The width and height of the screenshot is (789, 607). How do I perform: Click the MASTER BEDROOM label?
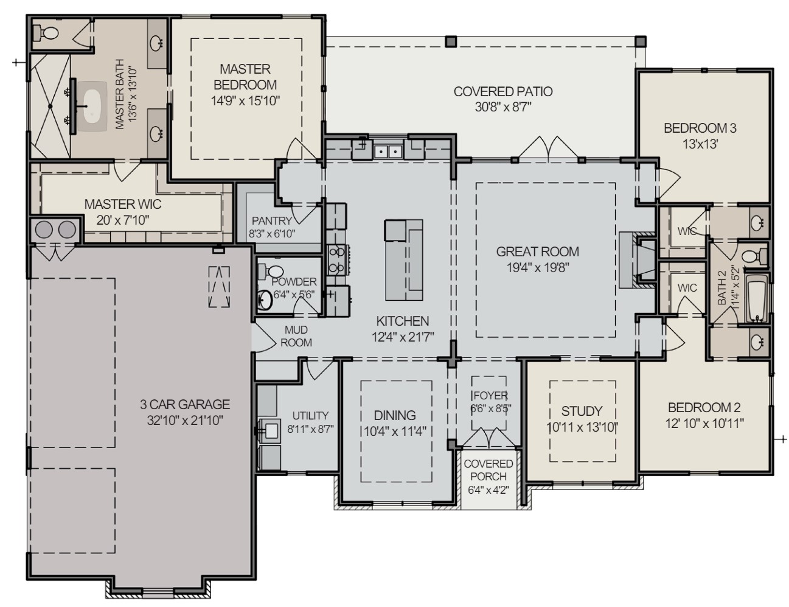pyautogui.click(x=245, y=77)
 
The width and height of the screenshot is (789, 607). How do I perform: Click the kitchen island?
pyautogui.click(x=403, y=260)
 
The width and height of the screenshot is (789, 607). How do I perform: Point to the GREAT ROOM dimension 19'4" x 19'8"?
pyautogui.click(x=537, y=267)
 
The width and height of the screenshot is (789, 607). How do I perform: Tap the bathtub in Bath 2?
pyautogui.click(x=757, y=299)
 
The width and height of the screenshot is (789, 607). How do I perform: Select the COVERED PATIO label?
pyautogui.click(x=503, y=92)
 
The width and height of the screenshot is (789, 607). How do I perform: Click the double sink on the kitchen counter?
pyautogui.click(x=387, y=151)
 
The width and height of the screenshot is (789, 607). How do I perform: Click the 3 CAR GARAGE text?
pyautogui.click(x=185, y=404)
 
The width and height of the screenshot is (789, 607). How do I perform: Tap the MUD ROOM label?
pyautogui.click(x=296, y=336)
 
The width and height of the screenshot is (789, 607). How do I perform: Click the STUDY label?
pyautogui.click(x=582, y=411)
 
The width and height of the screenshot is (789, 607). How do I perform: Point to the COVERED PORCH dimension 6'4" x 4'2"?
pyautogui.click(x=488, y=489)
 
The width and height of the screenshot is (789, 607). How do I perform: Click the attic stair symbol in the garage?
pyautogui.click(x=219, y=287)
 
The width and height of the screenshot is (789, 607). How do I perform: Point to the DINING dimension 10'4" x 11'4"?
pyautogui.click(x=395, y=432)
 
